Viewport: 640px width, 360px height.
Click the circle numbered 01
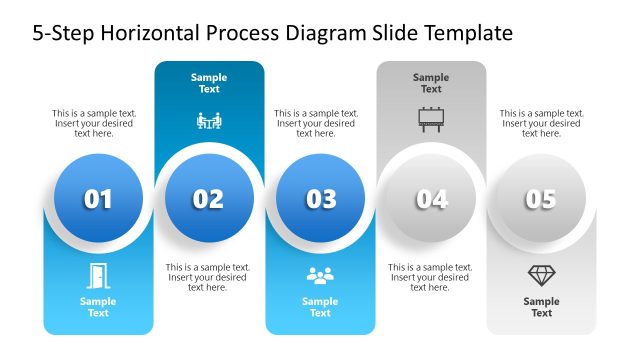coord(98,199)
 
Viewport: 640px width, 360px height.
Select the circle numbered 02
coord(209,199)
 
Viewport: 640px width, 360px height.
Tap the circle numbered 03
coord(320,199)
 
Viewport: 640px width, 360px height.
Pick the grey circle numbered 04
coord(431,199)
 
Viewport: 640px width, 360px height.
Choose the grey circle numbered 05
coord(541,199)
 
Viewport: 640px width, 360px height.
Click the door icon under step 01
coord(98,275)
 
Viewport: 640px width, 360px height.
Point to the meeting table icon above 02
coord(209,121)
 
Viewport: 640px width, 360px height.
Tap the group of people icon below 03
coord(320,275)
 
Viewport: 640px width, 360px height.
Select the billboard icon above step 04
coord(431,121)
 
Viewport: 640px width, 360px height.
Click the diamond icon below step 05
coord(541,275)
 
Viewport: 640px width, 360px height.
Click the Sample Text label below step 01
coord(98,307)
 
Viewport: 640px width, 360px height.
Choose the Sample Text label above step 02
coord(209,83)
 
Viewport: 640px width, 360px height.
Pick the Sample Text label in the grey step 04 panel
coord(431,83)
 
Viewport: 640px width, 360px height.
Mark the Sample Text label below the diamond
coord(541,307)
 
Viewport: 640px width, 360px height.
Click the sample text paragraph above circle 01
coord(95,123)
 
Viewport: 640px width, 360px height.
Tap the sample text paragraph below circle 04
coord(431,277)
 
